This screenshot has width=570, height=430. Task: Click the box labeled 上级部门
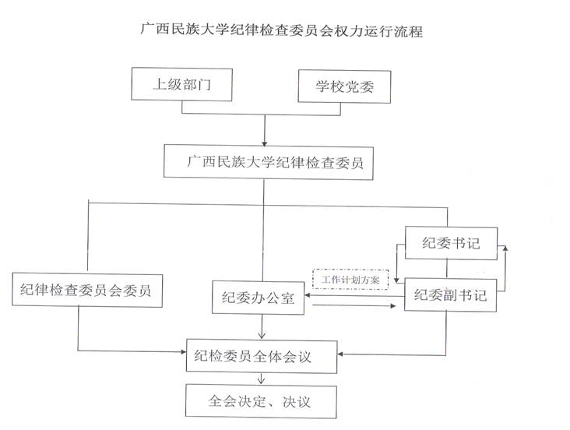coord(181,86)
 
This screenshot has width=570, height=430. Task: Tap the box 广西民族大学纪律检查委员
coord(269,163)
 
